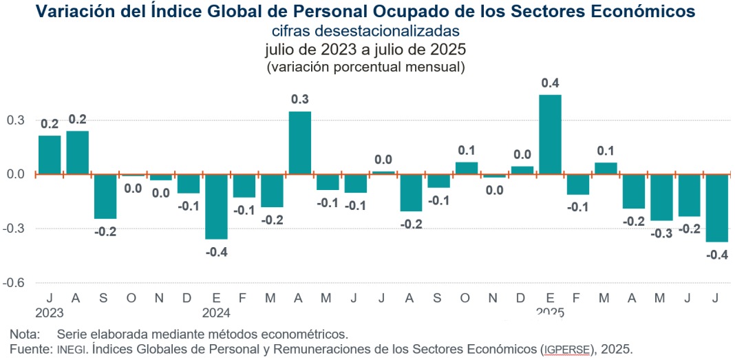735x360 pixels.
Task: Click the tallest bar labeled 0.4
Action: (550, 134)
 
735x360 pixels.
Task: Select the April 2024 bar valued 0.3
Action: (299, 142)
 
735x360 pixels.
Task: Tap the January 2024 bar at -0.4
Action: (216, 207)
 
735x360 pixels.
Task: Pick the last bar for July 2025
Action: (717, 208)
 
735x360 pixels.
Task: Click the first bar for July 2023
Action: (50, 155)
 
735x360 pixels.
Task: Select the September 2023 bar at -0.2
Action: (105, 196)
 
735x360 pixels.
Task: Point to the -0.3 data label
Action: (661, 233)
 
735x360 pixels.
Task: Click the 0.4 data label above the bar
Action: (550, 83)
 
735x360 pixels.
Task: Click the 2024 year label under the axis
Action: (216, 313)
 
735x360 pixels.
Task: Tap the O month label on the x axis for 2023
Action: (132, 298)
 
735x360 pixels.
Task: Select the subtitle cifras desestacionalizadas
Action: (365, 31)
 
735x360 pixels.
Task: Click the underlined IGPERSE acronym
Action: (566, 349)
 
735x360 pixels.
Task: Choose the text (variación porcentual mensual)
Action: (365, 67)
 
